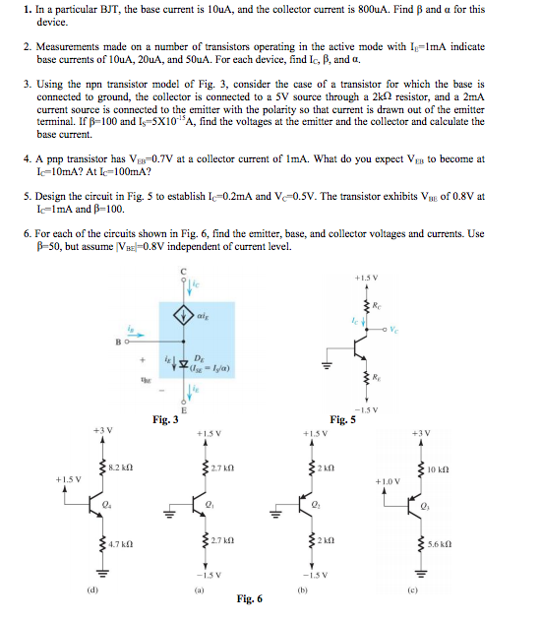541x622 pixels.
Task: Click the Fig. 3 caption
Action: [x=164, y=420]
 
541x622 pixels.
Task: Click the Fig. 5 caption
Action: [x=343, y=420]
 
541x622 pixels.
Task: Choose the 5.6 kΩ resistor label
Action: [x=440, y=544]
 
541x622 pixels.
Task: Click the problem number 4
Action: [x=25, y=158]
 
